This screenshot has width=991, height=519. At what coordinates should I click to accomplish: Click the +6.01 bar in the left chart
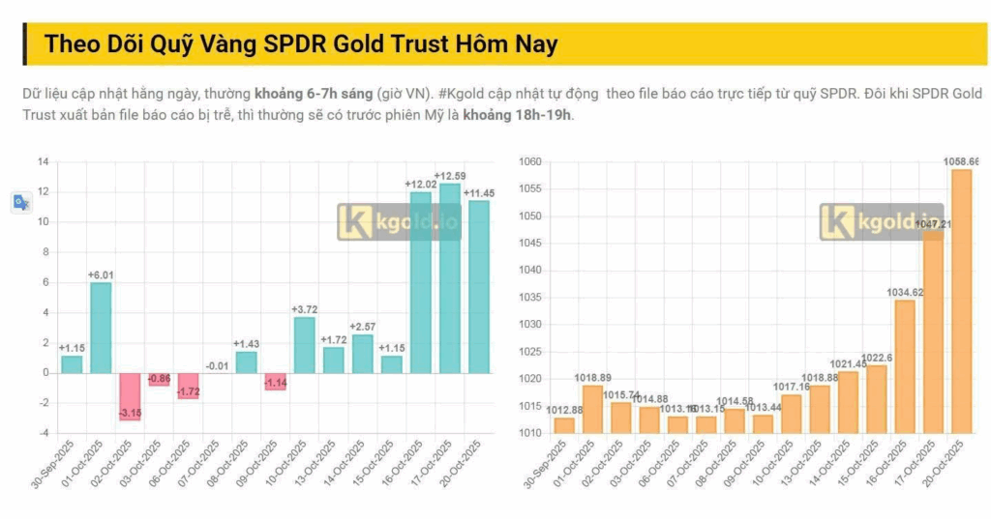pos(101,327)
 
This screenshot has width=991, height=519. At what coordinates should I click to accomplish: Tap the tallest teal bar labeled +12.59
pos(450,278)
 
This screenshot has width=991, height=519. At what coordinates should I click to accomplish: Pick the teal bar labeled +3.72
pos(304,344)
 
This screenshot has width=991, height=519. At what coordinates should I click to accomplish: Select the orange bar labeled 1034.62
pos(904,366)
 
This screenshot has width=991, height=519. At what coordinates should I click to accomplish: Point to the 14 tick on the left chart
pos(44,161)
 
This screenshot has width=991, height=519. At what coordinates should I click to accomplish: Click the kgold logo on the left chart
pos(399,221)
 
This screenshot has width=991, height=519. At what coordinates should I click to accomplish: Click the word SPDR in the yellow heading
pos(296,44)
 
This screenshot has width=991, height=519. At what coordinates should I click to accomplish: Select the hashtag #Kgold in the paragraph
pos(463,94)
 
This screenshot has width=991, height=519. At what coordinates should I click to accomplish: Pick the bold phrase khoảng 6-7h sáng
pos(313,94)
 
